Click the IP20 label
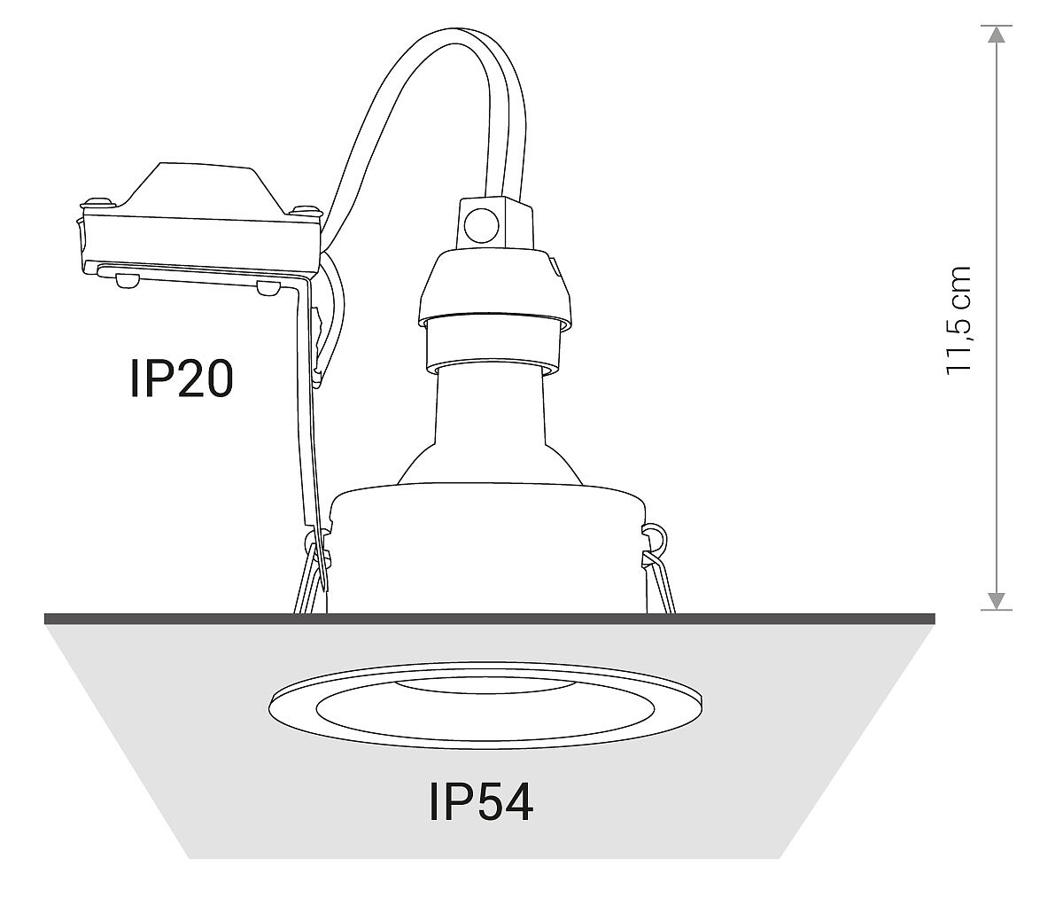(x=182, y=378)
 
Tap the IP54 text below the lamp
(x=481, y=803)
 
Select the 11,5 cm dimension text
(x=958, y=319)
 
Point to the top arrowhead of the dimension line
(x=997, y=35)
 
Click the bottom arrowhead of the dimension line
(x=997, y=601)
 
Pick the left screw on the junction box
(x=97, y=202)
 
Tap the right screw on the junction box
(x=306, y=211)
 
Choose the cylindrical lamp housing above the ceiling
(x=487, y=550)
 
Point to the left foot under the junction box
(x=126, y=280)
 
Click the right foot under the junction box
(x=266, y=288)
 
